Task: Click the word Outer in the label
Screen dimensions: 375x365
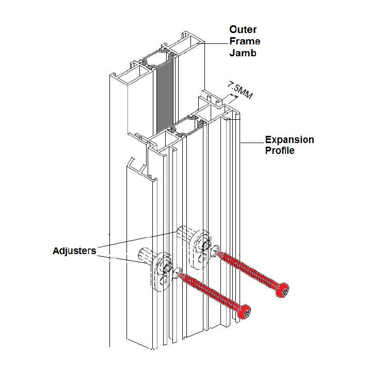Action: tap(243, 29)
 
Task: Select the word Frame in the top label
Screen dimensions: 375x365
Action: tap(245, 41)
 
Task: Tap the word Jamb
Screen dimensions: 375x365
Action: tap(242, 52)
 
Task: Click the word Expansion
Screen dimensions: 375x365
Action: tap(289, 140)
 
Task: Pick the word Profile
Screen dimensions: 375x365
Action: tap(280, 151)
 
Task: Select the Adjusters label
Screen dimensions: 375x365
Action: tap(74, 251)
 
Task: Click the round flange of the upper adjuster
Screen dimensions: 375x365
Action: tap(200, 242)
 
